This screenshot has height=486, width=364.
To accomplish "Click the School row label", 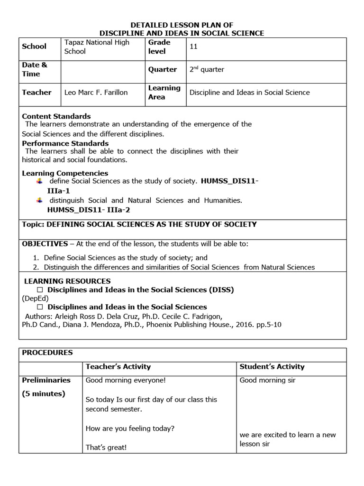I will (34, 47).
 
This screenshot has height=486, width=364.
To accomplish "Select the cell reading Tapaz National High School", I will (96, 47).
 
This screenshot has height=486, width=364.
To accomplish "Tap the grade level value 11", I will (193, 47).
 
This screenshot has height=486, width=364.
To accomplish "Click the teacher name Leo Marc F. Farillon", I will (96, 93).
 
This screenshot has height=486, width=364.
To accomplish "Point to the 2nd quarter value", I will (207, 69).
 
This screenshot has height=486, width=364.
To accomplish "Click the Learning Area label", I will (164, 93).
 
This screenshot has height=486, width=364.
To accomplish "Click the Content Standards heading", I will (56, 116).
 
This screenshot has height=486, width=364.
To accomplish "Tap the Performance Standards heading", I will (65, 143).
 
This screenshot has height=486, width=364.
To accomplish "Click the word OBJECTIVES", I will (45, 243).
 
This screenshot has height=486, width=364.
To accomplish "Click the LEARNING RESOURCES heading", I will (67, 281).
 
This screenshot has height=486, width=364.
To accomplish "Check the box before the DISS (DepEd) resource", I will (40, 290).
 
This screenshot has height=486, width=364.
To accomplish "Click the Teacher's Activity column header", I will (118, 366).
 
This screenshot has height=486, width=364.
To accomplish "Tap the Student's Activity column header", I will (272, 366).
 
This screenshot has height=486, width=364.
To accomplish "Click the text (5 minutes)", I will (44, 393).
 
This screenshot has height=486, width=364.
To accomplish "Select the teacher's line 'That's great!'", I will (106, 447).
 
